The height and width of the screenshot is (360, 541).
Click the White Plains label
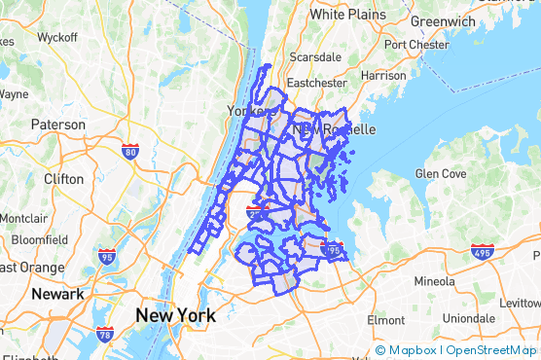(x=347, y=15)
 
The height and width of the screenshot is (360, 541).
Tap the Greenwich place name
(x=443, y=20)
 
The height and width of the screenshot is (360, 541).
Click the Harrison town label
(x=382, y=75)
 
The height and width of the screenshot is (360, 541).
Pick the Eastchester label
(x=316, y=84)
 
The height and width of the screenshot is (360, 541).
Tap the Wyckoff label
(x=57, y=37)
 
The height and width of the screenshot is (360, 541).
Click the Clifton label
(x=63, y=179)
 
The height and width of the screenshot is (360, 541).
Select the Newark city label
(x=55, y=293)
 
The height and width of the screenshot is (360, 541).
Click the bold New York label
(x=175, y=315)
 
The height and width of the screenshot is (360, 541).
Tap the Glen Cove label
(x=441, y=173)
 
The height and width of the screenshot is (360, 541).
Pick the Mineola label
(x=428, y=281)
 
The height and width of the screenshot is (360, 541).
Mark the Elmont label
(x=385, y=319)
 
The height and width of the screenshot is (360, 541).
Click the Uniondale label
(x=469, y=318)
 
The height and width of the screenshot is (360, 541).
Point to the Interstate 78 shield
(x=104, y=336)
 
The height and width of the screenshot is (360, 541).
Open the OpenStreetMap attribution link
(x=489, y=350)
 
